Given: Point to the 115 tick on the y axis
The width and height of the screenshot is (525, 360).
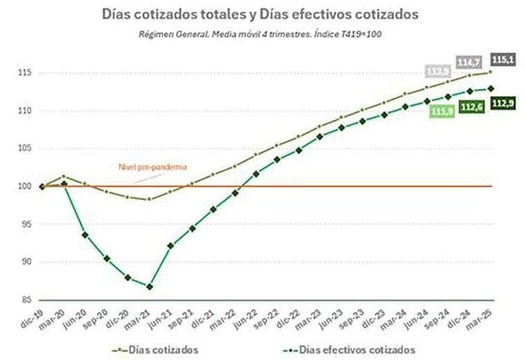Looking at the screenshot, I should pyautogui.click(x=25, y=73).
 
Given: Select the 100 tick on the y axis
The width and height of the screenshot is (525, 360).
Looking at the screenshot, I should pyautogui.click(x=25, y=187).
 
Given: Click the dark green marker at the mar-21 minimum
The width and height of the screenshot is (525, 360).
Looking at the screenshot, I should pyautogui.click(x=150, y=287).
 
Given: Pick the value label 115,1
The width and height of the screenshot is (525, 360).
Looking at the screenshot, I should pyautogui.click(x=502, y=60).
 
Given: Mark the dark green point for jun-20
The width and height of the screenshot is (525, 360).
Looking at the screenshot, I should pyautogui.click(x=85, y=235).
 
